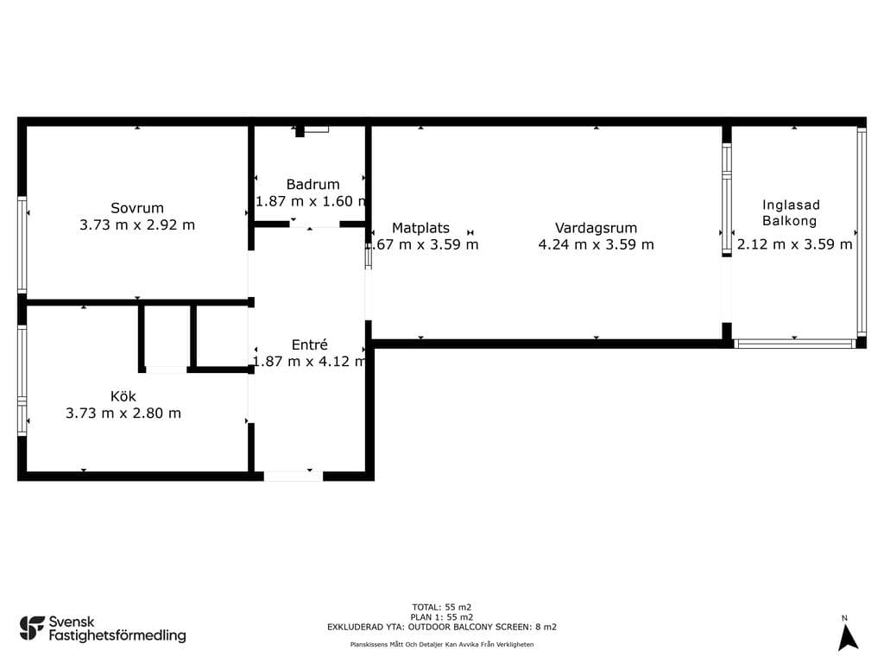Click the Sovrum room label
coord(137,208)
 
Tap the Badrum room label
coord(313,185)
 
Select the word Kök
coord(123,396)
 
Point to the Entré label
coord(310,344)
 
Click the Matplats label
coord(420,228)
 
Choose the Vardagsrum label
coord(596,228)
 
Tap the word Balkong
coord(789,221)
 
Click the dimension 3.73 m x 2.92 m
coord(137,225)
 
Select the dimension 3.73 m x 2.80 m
coord(123,414)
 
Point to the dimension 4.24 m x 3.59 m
coord(596,244)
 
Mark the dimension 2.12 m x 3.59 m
coord(794,244)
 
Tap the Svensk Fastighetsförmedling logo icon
coord(32,628)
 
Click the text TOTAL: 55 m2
coord(441,607)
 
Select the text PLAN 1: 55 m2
coord(441,616)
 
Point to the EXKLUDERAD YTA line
coord(441,627)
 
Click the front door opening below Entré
coord(294,477)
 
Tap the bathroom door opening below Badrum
coord(314,224)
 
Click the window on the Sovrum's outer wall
coord(22,244)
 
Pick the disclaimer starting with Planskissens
coord(441,644)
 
